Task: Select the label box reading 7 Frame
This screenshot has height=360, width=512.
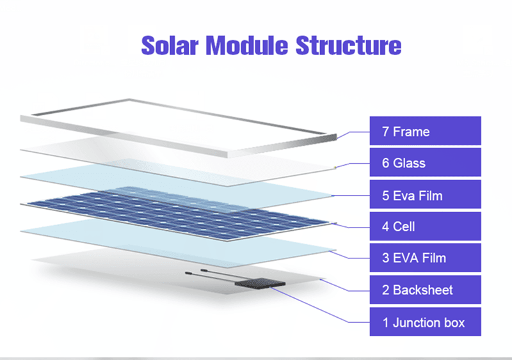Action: click(x=425, y=131)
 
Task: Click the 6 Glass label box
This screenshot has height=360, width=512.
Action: click(x=425, y=163)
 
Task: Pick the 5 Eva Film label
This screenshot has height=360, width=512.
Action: click(x=425, y=195)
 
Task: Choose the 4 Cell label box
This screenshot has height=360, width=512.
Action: click(x=425, y=226)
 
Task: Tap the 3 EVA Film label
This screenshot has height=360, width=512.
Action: click(x=425, y=258)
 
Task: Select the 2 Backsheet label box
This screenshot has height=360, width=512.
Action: click(x=425, y=290)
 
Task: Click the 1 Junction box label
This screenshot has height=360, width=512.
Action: click(x=425, y=322)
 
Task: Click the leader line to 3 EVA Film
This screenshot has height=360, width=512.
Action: click(x=352, y=256)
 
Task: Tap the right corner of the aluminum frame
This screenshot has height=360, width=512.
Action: click(x=334, y=135)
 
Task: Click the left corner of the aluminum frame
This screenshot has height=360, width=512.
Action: click(x=23, y=119)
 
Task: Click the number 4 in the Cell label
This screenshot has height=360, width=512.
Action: click(x=386, y=226)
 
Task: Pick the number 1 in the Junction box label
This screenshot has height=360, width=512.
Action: click(x=385, y=322)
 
